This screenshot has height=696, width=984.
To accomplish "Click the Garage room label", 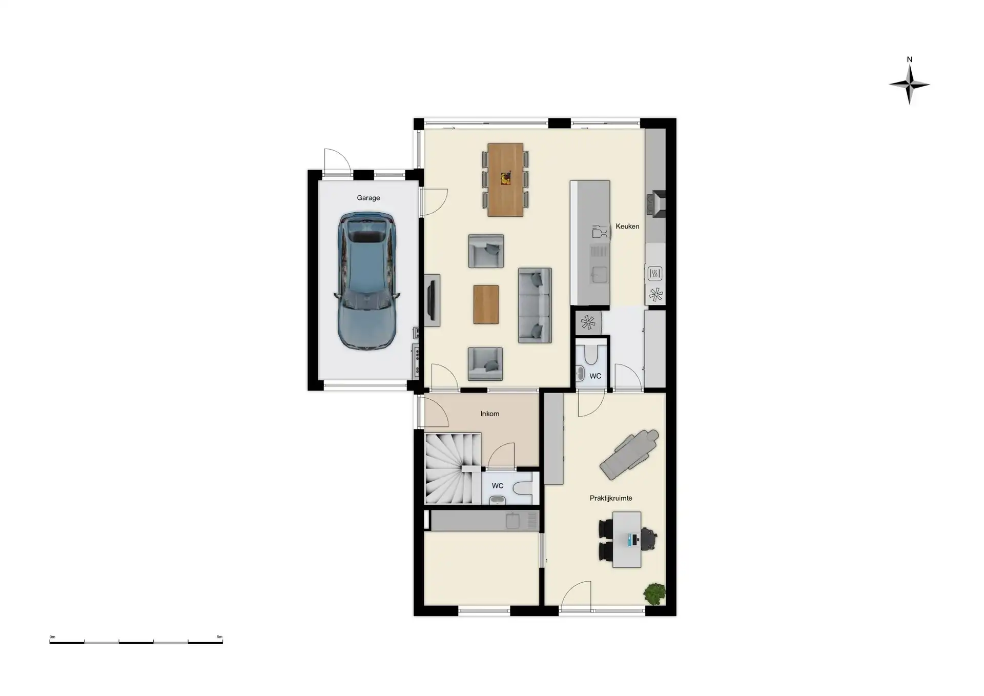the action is click(x=368, y=198).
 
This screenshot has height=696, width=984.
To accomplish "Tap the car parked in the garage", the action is click(x=367, y=281).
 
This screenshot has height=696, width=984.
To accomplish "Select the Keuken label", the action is click(x=627, y=226).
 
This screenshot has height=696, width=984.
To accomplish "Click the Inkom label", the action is click(x=489, y=414).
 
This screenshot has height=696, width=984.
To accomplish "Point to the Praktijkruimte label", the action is click(x=610, y=498).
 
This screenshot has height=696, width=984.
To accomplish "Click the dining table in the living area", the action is click(x=505, y=180).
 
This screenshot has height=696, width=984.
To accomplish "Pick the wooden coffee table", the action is click(x=486, y=304).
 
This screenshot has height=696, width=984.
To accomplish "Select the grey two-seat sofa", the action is click(x=535, y=305).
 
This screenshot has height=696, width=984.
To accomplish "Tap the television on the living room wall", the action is click(x=432, y=300).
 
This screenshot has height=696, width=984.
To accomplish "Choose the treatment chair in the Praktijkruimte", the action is click(x=629, y=454).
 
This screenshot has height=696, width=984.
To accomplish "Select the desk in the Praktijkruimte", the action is click(x=627, y=540).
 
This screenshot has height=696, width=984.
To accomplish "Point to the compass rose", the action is click(x=909, y=85).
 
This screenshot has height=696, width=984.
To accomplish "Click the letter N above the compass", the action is click(x=910, y=59).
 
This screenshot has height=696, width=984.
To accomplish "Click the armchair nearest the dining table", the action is click(x=486, y=251).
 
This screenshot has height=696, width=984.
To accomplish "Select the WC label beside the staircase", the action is click(x=498, y=486).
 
